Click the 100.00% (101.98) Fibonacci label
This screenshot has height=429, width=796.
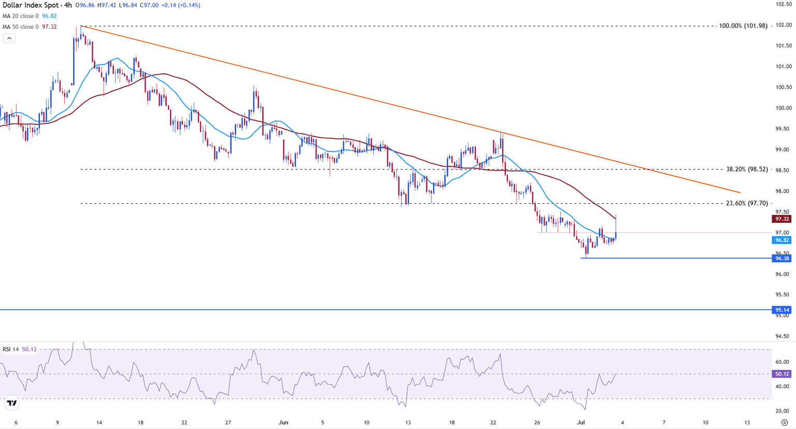click(x=743, y=26)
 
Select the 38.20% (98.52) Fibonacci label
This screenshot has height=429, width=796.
click(x=747, y=169)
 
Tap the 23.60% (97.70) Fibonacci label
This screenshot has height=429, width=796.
click(x=747, y=204)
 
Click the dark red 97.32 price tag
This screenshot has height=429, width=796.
click(x=782, y=219)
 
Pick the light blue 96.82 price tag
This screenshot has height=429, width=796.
click(x=782, y=240)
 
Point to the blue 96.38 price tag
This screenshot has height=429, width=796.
click(x=782, y=259)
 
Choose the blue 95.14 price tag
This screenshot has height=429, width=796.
click(x=782, y=310)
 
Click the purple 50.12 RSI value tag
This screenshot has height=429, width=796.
click(x=782, y=374)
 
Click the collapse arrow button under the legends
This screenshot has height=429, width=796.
click(x=9, y=38)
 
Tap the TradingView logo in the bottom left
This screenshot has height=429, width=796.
click(x=11, y=403)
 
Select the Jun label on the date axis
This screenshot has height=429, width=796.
click(x=283, y=422)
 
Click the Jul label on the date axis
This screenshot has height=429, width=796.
click(x=581, y=422)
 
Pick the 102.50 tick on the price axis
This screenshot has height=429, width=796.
click(x=783, y=4)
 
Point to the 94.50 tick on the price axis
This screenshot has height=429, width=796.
click(x=783, y=336)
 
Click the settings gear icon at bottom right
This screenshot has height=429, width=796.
click(x=785, y=422)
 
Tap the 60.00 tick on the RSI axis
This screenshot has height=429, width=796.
click(x=783, y=362)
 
